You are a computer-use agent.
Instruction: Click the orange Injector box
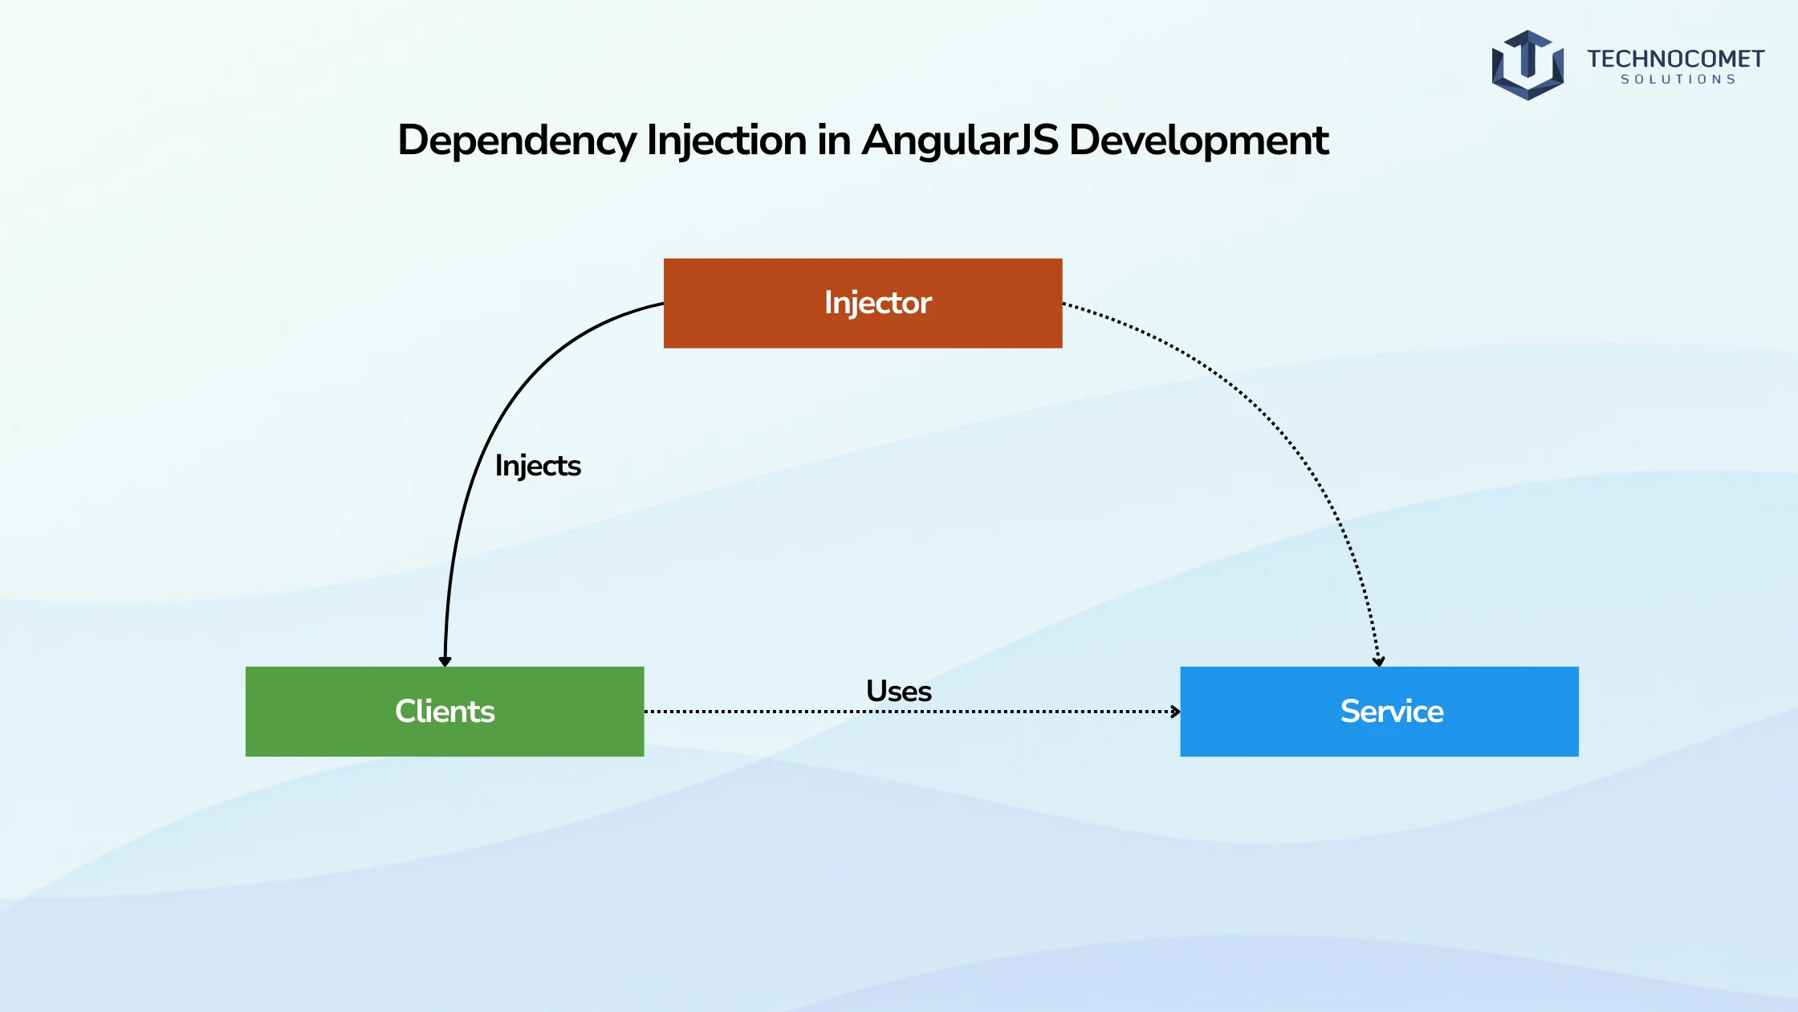coord(863,303)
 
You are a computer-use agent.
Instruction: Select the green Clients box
coord(445,711)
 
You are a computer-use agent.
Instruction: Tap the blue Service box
coord(1379,711)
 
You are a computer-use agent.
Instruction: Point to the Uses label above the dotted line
coord(899,692)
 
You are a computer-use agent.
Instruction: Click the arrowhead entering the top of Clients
coord(445,661)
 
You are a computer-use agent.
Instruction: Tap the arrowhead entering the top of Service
coord(1378,661)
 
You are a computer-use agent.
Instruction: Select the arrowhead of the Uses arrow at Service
coord(1175,712)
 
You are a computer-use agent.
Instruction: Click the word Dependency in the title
coord(517,141)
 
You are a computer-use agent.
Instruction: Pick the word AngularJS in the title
coord(960,141)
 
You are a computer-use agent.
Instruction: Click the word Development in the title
coord(1199,141)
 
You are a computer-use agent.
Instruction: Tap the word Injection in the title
coord(726,141)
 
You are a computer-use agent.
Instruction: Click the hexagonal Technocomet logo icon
coord(1527,65)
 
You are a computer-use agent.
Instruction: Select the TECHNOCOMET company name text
coord(1675,59)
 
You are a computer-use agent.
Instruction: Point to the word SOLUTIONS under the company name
coord(1678,80)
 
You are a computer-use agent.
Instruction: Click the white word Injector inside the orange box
coord(878,304)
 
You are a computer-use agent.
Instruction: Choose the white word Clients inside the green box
coord(445,712)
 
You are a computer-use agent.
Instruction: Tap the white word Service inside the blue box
coord(1392,712)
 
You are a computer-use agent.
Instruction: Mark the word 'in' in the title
coord(834,141)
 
